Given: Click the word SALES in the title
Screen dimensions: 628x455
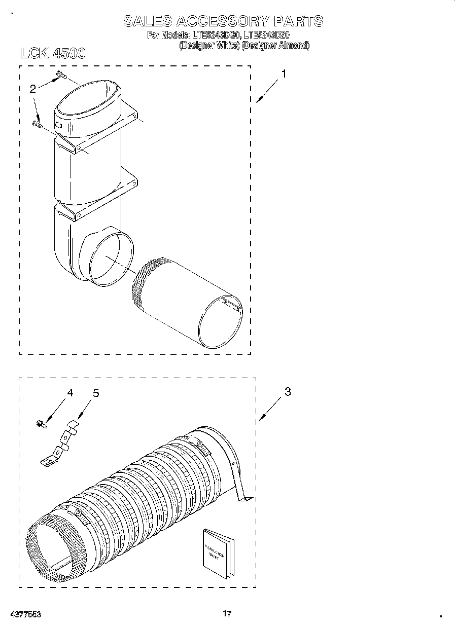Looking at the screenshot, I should tap(147, 21).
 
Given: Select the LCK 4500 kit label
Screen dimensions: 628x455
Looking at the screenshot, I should tap(53, 53).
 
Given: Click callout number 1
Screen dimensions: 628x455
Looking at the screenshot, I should tap(284, 74).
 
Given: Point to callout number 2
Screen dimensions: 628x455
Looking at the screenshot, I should tap(33, 89).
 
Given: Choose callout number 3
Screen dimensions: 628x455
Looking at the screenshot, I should tap(288, 392).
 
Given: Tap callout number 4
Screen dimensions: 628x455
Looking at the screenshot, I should tap(70, 393).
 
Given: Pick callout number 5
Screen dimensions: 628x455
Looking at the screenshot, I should tap(95, 393).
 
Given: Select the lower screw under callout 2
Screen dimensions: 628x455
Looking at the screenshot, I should tap(37, 123).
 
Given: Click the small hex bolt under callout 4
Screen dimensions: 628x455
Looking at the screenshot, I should tap(41, 424).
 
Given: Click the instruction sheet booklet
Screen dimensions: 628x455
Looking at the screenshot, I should tap(219, 553).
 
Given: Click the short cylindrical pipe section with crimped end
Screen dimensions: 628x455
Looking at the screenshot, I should tap(188, 304).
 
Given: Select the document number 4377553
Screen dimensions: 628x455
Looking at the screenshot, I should tap(25, 614).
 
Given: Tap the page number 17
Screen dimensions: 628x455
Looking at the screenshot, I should tap(227, 614).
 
